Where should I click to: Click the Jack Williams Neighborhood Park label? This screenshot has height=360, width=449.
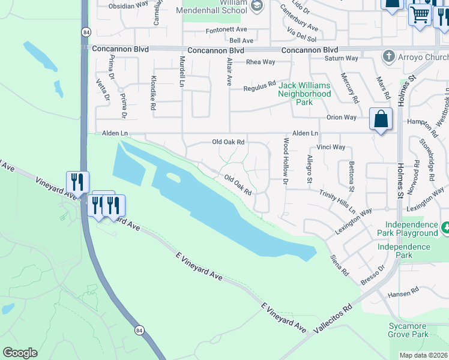(304, 94)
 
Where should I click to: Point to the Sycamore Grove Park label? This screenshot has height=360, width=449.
(408, 330)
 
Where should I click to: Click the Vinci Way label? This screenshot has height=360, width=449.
(331, 147)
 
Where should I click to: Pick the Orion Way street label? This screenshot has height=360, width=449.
(342, 118)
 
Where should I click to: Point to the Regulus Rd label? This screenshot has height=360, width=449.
(259, 88)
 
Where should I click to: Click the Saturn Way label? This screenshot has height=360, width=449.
(341, 59)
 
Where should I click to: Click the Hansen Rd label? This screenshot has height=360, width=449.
(403, 293)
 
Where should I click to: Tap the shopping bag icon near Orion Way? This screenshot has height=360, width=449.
(381, 119)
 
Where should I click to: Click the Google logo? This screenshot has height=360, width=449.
(20, 353)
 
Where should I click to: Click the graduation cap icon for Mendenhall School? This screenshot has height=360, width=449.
(257, 7)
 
